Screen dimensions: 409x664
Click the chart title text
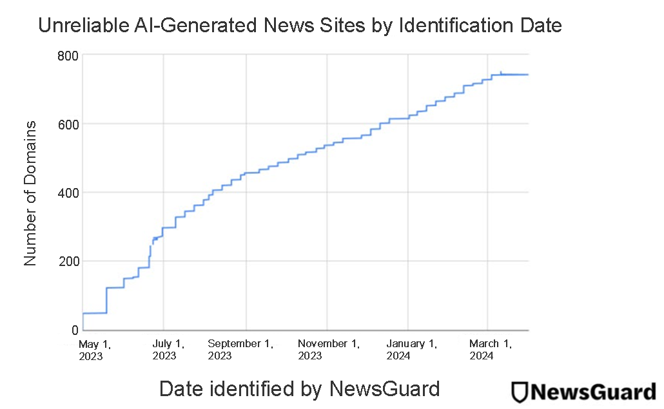click(x=300, y=26)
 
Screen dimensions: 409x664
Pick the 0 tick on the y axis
click(x=73, y=330)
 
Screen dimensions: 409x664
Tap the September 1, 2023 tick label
click(x=240, y=349)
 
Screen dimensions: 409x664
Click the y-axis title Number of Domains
click(x=30, y=193)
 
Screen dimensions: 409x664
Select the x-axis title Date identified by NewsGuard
click(x=299, y=388)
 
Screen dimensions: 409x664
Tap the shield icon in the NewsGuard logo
click(x=520, y=392)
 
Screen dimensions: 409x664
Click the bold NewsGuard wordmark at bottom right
click(x=592, y=392)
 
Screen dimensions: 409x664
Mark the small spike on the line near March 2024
click(x=501, y=72)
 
